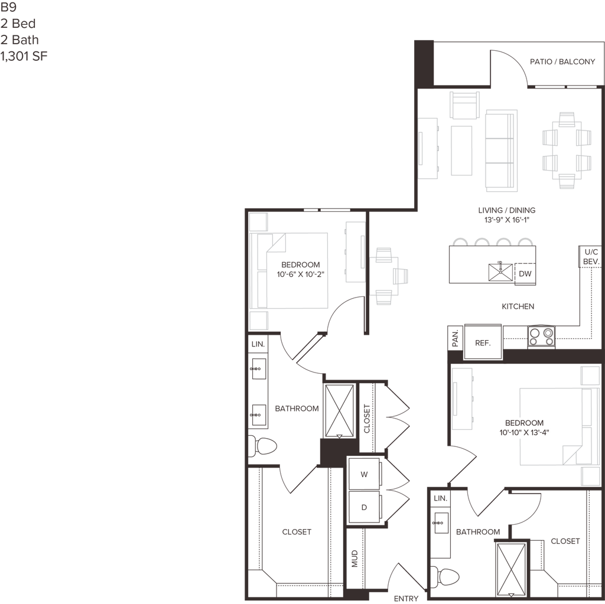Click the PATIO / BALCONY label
(x=562, y=62)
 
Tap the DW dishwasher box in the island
(x=525, y=274)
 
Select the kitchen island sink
(x=500, y=272)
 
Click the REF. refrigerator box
(x=483, y=342)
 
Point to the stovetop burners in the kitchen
(x=541, y=337)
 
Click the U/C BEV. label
(x=591, y=257)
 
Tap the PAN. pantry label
(x=456, y=338)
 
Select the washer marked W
(x=364, y=474)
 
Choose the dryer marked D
(x=364, y=507)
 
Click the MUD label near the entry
(x=354, y=559)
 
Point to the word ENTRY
(x=406, y=598)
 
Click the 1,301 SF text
(x=24, y=56)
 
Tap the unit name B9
(x=8, y=7)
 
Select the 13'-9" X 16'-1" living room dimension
(x=506, y=220)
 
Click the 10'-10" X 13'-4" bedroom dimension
(x=524, y=432)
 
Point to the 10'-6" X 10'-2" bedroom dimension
(x=300, y=274)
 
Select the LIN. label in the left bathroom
(x=258, y=344)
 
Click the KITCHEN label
(x=518, y=306)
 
